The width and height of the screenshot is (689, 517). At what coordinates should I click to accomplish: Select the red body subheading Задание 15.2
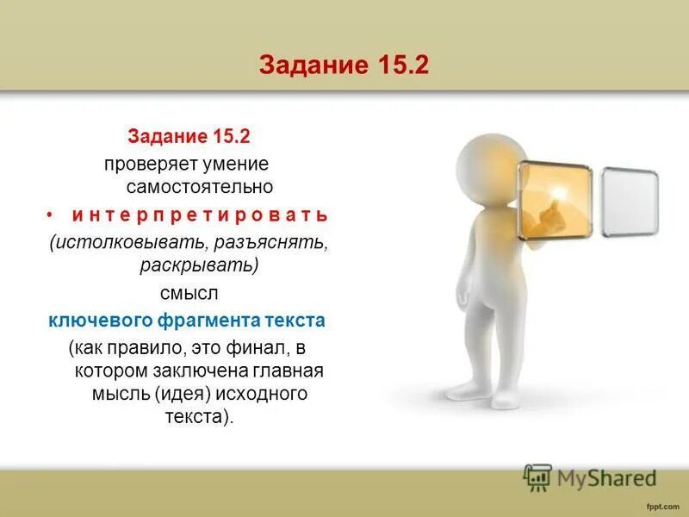(x=189, y=137)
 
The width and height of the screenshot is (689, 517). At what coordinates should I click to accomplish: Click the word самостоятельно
(x=200, y=186)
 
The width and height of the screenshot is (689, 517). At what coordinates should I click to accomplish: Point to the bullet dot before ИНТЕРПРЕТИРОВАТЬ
(x=51, y=212)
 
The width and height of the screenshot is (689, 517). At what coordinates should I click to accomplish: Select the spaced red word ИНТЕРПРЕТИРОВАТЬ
(x=200, y=213)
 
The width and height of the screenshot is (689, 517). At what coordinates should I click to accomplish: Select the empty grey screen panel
(x=630, y=202)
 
